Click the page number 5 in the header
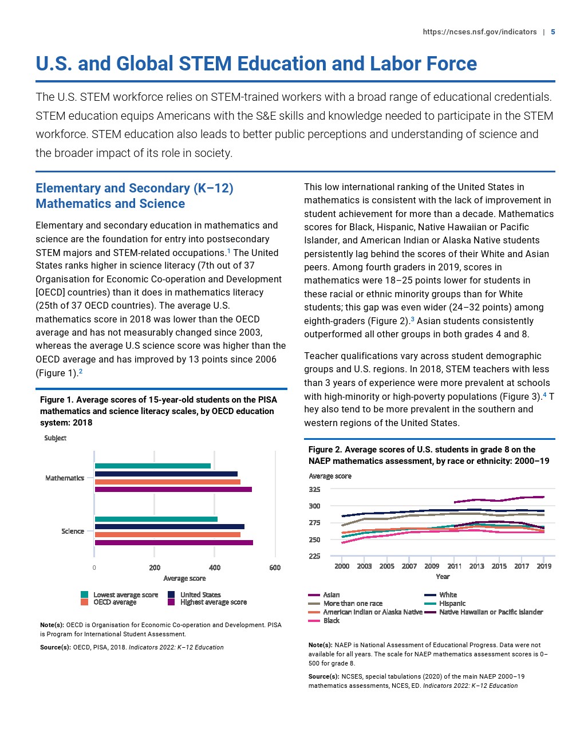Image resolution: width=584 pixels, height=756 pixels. (553, 32)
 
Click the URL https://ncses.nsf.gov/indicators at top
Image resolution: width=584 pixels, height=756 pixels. (479, 32)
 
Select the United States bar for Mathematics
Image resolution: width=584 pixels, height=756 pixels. (166, 474)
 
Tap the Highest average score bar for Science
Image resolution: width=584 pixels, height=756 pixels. (173, 542)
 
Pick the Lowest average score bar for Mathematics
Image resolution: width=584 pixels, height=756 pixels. (153, 466)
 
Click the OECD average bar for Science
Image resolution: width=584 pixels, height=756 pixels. (167, 534)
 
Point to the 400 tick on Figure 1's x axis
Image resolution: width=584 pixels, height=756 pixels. (214, 568)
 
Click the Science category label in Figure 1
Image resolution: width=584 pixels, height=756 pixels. (73, 531)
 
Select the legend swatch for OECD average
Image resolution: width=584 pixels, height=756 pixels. (84, 602)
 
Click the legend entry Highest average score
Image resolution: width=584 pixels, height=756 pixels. (213, 602)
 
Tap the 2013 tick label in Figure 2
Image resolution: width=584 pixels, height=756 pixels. (476, 566)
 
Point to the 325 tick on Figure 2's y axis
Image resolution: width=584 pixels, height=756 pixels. (314, 490)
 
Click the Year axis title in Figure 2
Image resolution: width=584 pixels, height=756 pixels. (443, 577)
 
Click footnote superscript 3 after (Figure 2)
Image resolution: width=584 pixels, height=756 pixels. (413, 318)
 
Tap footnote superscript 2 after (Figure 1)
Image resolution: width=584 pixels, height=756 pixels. (81, 371)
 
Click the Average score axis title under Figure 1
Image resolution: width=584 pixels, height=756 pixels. (184, 578)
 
